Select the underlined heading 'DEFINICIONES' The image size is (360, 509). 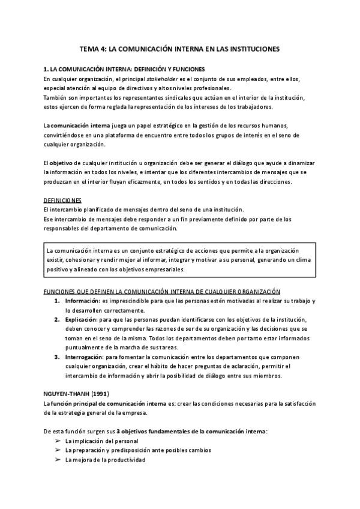(64, 199)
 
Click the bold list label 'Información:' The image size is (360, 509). (82, 300)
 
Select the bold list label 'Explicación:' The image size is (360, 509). (82, 320)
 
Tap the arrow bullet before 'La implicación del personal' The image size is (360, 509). (58, 441)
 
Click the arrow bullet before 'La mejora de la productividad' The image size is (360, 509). (58, 460)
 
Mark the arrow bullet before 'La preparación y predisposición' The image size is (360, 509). (58, 450)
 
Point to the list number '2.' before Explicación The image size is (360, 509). (56, 320)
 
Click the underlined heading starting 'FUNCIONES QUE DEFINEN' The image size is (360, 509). (162, 291)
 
